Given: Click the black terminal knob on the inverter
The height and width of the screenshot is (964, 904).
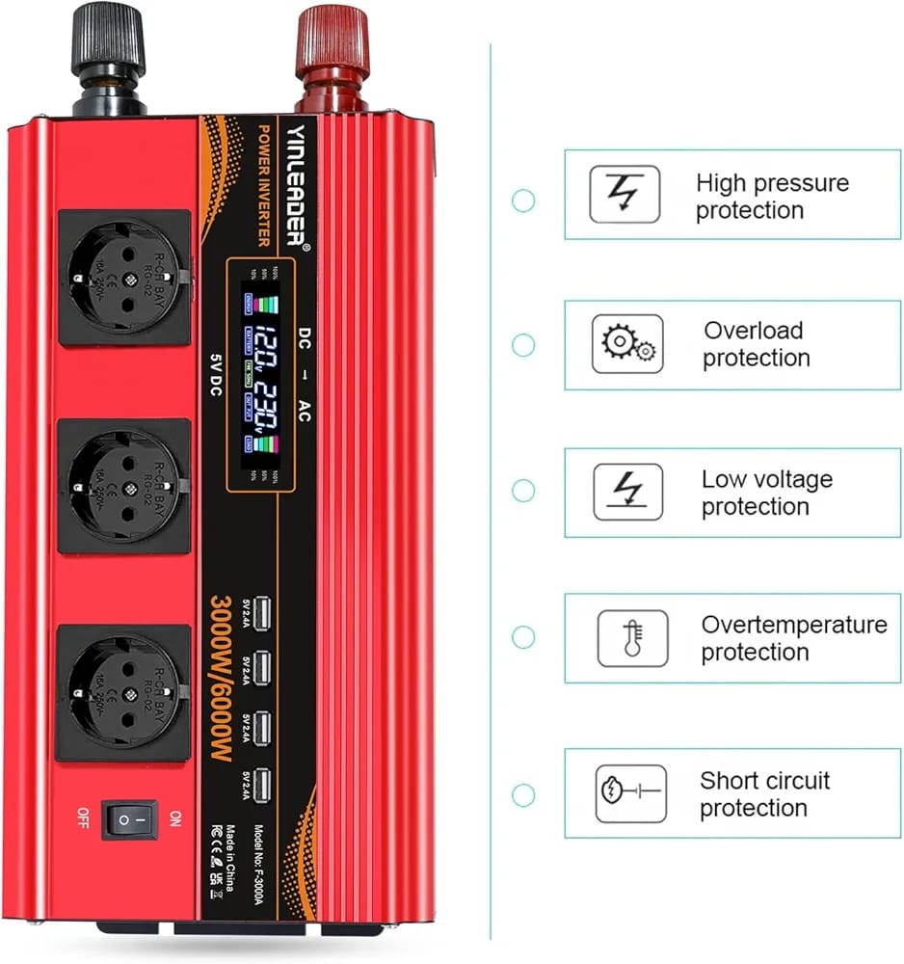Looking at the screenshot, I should pos(107,43).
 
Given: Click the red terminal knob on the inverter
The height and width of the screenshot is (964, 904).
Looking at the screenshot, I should pos(332,43).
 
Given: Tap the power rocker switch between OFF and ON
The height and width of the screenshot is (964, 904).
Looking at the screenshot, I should pos(130,819).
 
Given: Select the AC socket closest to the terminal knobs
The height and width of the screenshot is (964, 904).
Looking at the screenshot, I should pos(124,278).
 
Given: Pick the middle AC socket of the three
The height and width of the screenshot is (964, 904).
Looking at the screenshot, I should pos(124,485).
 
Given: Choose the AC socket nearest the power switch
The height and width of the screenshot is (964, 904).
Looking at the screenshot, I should pos(124,692).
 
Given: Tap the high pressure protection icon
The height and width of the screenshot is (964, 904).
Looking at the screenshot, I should pos(625,195).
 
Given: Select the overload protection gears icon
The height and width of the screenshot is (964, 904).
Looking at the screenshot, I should pos(626,344).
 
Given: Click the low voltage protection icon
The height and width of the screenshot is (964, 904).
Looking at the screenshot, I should pos(627,492).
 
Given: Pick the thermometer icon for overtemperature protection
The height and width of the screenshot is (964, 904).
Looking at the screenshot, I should pos(632,638).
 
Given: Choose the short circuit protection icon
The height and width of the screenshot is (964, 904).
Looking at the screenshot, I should pos(630,793).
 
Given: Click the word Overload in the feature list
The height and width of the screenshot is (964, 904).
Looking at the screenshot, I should pos(753,331).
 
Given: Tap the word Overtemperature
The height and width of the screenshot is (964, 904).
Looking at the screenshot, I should pos(794,625).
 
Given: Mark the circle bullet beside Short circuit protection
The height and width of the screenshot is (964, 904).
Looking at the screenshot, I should pos(523,795).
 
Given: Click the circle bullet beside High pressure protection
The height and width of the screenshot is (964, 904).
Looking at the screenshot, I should pos(523,201).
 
